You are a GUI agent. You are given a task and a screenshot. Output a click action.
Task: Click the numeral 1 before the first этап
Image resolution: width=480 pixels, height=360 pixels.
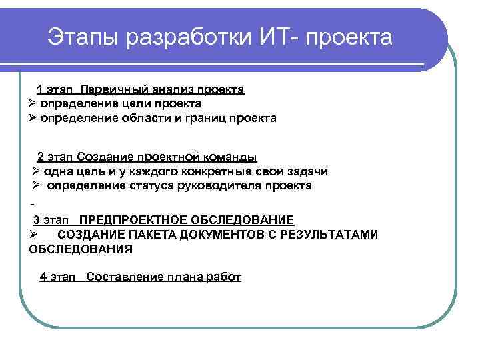pos(39,89)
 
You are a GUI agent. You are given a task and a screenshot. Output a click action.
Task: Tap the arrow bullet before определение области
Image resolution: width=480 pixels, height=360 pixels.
pos(32,118)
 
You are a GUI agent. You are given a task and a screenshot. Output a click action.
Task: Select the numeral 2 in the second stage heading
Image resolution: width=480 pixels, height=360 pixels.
pos(41,157)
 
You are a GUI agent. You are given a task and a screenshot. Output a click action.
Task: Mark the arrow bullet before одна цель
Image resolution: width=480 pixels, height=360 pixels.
pos(37,171)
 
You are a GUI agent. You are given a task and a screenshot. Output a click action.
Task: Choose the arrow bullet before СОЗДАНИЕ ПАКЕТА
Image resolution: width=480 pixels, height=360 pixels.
pos(32,235)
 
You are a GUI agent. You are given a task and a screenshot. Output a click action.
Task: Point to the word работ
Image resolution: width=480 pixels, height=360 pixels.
pos(225,277)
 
